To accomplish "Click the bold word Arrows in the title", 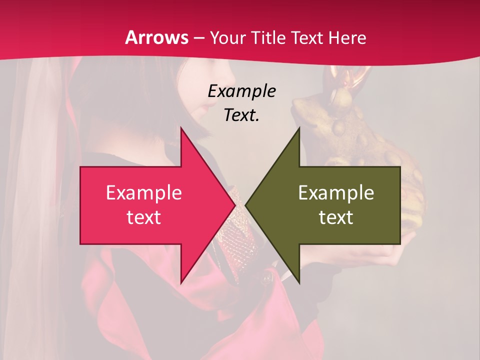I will click(x=157, y=37).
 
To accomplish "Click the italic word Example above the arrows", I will click(x=241, y=91).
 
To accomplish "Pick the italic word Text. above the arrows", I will click(x=241, y=115).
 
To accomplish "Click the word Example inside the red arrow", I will click(x=143, y=193).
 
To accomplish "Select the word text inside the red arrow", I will click(x=143, y=217).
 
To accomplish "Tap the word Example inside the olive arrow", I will click(x=336, y=193).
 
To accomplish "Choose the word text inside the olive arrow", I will click(x=336, y=217).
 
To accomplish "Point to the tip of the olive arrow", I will click(x=246, y=205).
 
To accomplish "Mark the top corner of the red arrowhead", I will click(x=181, y=128).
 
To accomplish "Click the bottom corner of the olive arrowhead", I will click(x=299, y=282).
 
